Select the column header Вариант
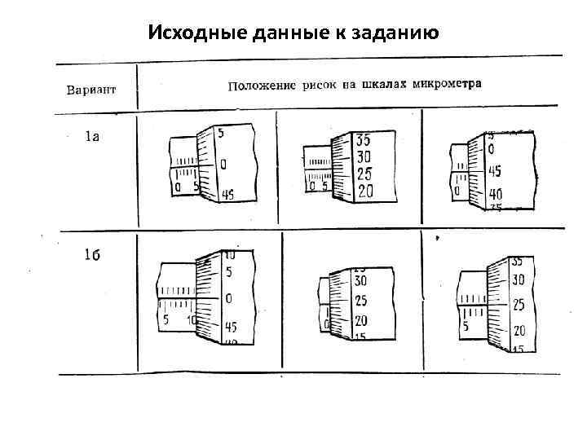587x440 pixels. tap(90, 88)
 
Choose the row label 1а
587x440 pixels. tap(92, 137)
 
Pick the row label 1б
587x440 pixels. tap(91, 255)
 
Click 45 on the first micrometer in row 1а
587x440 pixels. tap(227, 195)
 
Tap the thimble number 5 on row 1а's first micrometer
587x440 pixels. tap(222, 133)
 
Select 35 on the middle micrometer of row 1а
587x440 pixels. tap(364, 139)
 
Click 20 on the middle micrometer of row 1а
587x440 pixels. tap(364, 191)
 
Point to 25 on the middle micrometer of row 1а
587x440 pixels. tap(364, 174)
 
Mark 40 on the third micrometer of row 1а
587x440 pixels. tap(496, 195)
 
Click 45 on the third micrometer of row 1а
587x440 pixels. tap(495, 172)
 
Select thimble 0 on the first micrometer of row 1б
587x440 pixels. tap(228, 298)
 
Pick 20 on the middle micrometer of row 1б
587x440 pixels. tap(360, 321)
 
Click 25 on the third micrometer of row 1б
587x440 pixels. tap(518, 306)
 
